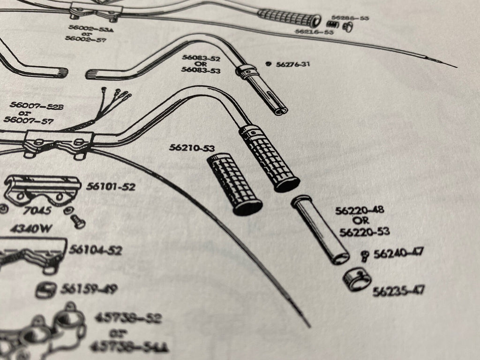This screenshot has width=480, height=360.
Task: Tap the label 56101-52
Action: click(x=111, y=187)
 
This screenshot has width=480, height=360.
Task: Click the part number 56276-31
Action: click(x=293, y=64)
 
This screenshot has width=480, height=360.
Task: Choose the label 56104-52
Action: click(x=96, y=250)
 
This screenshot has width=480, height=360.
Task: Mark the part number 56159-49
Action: click(x=89, y=289)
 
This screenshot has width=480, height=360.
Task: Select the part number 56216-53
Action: click(x=314, y=32)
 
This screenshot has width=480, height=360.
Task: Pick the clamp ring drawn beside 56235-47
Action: click(x=357, y=280)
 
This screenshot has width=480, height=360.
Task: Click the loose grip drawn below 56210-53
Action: click(x=234, y=185)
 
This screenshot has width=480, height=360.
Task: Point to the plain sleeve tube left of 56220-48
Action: click(x=320, y=230)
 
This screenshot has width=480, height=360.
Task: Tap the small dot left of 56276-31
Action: click(x=269, y=64)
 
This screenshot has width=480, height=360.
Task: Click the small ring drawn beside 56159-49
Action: click(x=45, y=290)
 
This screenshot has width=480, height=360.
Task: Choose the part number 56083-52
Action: click(x=201, y=59)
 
